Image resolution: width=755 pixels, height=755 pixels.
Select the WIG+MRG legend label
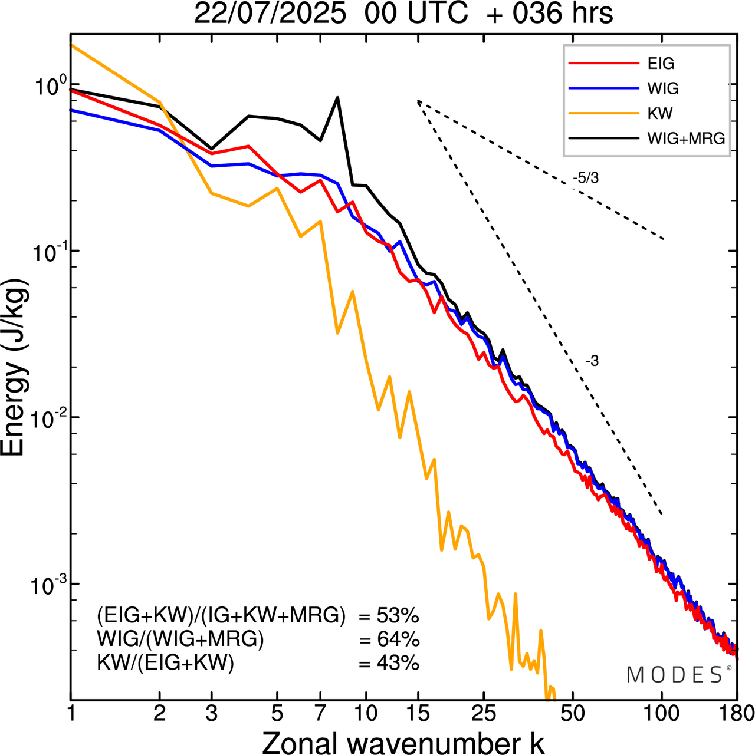pyautogui.click(x=686, y=139)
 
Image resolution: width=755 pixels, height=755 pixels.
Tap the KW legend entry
pyautogui.click(x=659, y=113)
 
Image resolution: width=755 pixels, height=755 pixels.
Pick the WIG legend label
pyautogui.click(x=663, y=88)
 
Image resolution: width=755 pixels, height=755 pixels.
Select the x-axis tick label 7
pyautogui.click(x=320, y=714)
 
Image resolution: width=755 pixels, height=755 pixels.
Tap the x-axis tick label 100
pyautogui.click(x=661, y=714)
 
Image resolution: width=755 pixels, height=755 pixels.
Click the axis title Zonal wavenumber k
pyautogui.click(x=403, y=742)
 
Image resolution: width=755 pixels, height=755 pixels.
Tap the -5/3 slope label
pyautogui.click(x=585, y=177)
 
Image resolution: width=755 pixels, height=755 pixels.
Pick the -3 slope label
pyautogui.click(x=592, y=361)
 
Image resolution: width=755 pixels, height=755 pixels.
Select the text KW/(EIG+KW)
pyautogui.click(x=166, y=663)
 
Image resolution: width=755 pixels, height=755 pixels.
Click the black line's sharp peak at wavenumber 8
pyautogui.click(x=337, y=98)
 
